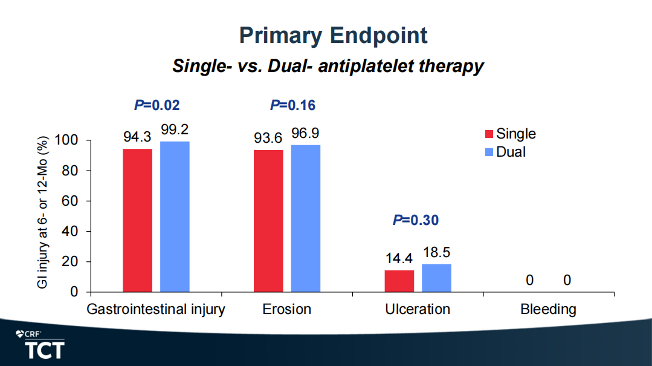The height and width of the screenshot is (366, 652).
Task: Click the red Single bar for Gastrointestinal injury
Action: (x=137, y=220)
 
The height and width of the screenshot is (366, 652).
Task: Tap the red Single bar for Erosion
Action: (x=268, y=221)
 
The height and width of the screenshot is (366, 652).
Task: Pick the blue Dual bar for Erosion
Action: (x=306, y=218)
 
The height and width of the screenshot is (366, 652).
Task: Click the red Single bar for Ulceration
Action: (x=399, y=281)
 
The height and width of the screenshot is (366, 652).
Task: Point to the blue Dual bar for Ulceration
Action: (x=436, y=278)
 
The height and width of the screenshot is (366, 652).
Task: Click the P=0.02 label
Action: (x=157, y=106)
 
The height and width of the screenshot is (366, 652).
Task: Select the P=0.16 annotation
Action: (x=292, y=106)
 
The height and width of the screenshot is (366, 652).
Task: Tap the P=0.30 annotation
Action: (x=416, y=220)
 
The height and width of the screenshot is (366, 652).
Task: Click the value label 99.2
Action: (x=175, y=130)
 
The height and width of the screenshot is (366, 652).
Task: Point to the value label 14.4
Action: (x=399, y=259)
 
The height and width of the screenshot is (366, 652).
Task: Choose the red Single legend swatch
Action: (x=489, y=134)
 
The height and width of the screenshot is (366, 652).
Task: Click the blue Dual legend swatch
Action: (x=489, y=152)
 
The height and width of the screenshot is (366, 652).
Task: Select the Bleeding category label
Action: (x=548, y=310)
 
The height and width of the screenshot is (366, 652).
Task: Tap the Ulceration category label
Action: (x=418, y=310)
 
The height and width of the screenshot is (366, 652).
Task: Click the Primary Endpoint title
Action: (x=333, y=35)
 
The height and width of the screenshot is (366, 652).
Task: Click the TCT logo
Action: (x=44, y=350)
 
